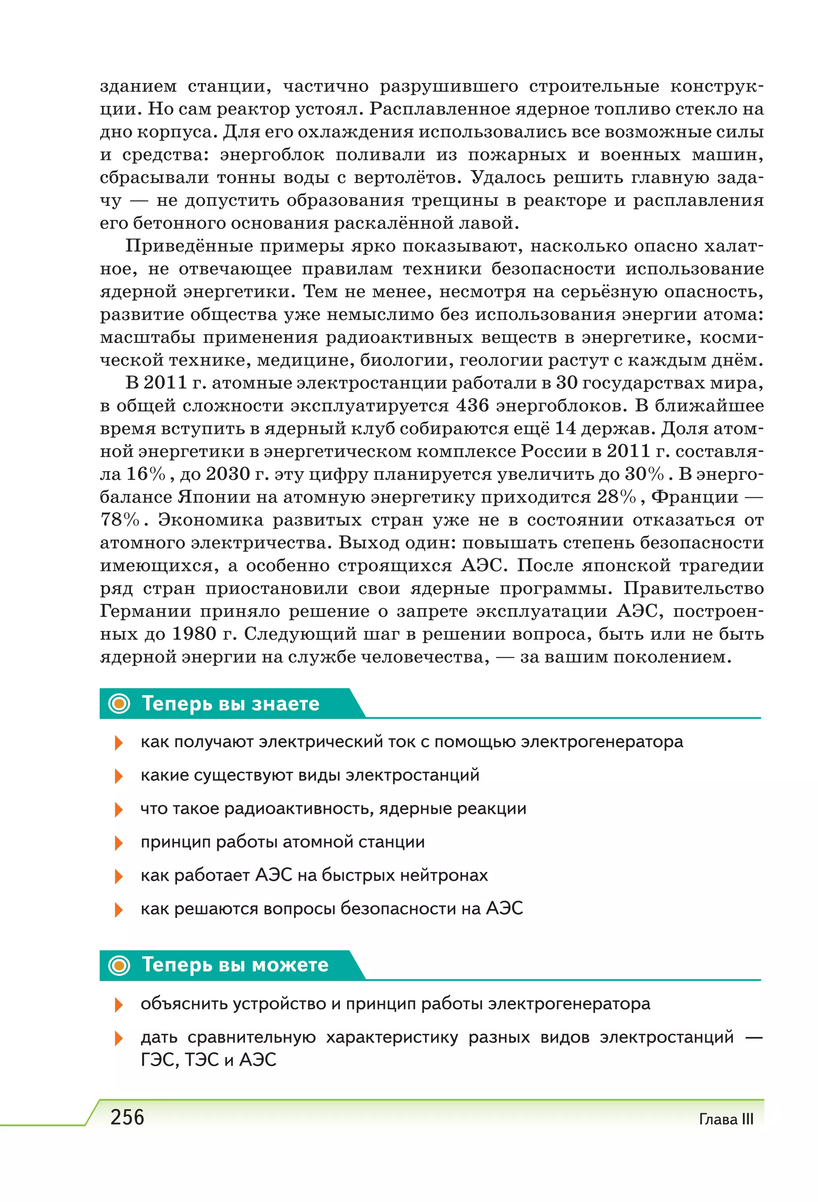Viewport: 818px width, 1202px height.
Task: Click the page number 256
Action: pyautogui.click(x=127, y=1117)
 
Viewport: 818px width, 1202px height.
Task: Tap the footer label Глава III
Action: pyautogui.click(x=725, y=1119)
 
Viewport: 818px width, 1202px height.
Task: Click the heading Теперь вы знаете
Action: pyautogui.click(x=230, y=703)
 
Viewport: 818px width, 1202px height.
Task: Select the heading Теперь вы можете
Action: pyautogui.click(x=235, y=965)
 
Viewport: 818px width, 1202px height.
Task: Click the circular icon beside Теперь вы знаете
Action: pyautogui.click(x=119, y=703)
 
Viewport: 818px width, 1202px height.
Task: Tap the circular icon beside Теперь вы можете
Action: pyautogui.click(x=119, y=965)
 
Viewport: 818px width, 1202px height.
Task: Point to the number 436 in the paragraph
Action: pyautogui.click(x=473, y=406)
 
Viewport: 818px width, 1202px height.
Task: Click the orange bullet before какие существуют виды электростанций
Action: pyautogui.click(x=118, y=776)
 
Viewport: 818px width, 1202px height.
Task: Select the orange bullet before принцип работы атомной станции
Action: pyautogui.click(x=118, y=842)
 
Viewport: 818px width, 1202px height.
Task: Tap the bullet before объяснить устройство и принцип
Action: pyautogui.click(x=118, y=1005)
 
